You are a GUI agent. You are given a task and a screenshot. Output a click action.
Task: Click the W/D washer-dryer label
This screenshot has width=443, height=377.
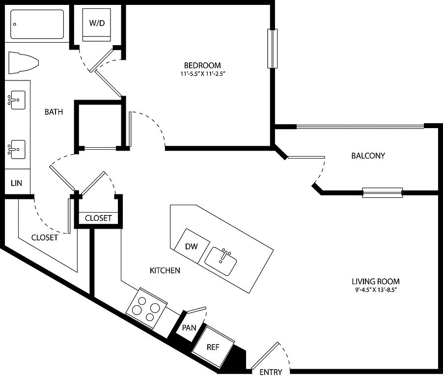click(x=97, y=23)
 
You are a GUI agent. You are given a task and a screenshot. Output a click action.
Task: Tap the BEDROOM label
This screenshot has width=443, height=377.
click(x=202, y=65)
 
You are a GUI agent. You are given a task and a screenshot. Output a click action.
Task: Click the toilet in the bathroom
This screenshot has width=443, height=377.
click(x=23, y=63)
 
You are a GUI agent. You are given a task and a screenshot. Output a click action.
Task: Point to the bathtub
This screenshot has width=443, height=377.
click(x=37, y=24)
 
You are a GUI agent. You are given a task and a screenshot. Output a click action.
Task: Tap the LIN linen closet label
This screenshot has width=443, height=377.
click(x=16, y=183)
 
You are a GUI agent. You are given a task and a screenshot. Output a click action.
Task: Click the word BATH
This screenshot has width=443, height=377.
click(x=54, y=112)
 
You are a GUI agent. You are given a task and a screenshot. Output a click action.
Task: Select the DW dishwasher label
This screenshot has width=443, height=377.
click(x=191, y=246)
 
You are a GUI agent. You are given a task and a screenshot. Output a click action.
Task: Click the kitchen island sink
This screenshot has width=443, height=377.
click(x=221, y=262)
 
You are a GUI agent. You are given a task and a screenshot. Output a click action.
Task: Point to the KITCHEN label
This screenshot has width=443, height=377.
click(x=165, y=270)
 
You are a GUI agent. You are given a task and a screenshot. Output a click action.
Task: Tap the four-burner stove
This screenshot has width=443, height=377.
click(x=146, y=309)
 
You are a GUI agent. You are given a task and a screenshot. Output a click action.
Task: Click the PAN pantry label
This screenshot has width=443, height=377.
click(x=189, y=328)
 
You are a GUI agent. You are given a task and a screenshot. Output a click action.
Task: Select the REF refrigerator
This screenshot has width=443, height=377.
click(x=213, y=348)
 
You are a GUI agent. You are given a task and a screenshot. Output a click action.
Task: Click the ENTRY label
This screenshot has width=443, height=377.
click(x=271, y=372)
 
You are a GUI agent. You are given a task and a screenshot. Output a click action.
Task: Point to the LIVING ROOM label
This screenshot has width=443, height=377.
click(x=376, y=281)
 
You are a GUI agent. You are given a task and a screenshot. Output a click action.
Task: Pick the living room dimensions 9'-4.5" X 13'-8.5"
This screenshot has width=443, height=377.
click(x=376, y=290)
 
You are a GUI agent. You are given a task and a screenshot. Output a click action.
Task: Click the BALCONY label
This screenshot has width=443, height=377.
click(x=368, y=156)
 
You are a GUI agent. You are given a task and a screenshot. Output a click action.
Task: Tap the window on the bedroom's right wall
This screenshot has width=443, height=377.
click(x=273, y=49)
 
